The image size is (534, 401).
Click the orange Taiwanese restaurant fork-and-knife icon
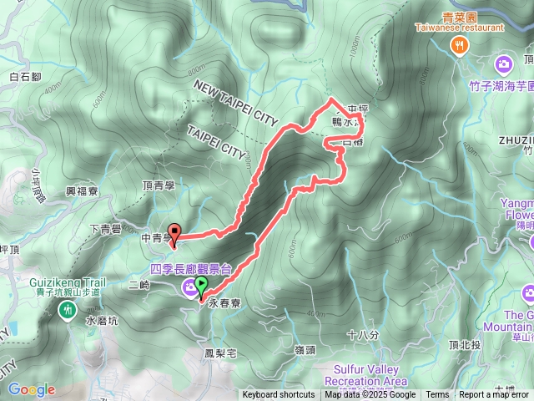[x=458, y=47]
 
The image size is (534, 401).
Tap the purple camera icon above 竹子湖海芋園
[x=504, y=63]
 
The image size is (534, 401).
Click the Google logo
[x=31, y=389]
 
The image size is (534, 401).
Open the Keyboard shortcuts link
[x=279, y=395]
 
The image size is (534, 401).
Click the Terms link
[x=437, y=395]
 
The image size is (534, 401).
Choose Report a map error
[x=495, y=395]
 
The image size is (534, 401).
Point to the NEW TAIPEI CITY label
[x=234, y=104]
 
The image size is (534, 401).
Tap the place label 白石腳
[x=25, y=77]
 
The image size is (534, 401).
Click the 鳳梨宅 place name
[x=220, y=353]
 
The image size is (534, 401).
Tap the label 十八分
[x=362, y=335]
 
